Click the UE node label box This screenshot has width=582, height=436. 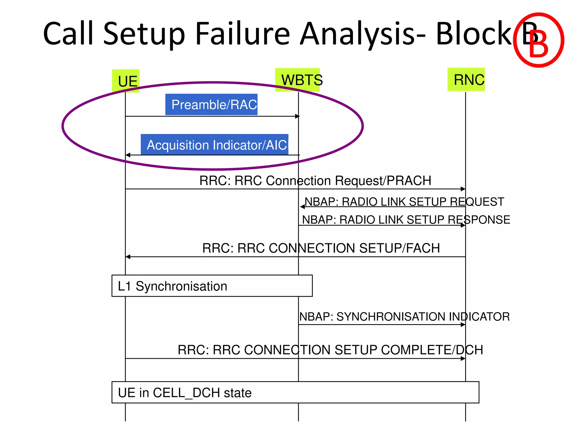126,81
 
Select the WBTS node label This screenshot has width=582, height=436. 298,80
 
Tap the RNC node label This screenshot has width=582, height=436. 466,79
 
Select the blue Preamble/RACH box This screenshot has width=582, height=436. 211,104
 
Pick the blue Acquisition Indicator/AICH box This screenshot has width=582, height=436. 215,145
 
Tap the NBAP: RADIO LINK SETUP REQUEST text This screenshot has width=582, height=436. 404,202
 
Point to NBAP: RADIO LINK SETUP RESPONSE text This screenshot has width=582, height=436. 406,220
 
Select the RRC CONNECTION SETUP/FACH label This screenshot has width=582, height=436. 321,248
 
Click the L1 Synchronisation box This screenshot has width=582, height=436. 212,286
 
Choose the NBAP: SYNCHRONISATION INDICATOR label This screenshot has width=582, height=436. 404,316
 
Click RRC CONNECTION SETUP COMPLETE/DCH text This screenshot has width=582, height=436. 330,350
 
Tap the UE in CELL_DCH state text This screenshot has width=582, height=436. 185,393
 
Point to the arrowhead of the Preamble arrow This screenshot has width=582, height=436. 298,116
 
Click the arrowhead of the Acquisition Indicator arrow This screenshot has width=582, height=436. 128,155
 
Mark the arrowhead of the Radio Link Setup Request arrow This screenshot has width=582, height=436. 302,207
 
